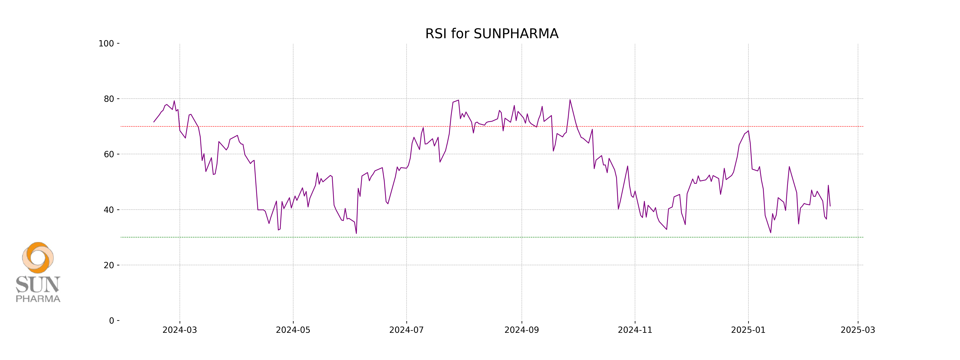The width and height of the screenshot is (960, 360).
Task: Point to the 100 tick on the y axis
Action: point(106,44)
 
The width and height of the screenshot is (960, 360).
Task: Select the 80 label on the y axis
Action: point(109,99)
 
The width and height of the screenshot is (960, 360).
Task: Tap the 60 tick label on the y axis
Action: point(109,154)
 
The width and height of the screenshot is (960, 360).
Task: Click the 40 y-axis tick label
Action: point(109,210)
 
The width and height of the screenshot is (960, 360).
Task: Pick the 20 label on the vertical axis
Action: point(109,265)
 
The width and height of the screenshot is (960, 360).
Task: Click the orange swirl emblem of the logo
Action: point(38,258)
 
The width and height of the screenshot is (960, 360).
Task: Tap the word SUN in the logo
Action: point(38,285)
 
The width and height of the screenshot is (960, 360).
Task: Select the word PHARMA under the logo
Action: point(38,299)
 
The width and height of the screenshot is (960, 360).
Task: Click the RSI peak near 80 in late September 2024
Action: point(570,100)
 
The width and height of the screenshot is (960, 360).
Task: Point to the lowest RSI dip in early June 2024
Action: point(356,233)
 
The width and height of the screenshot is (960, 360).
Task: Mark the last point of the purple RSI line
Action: point(830,206)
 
